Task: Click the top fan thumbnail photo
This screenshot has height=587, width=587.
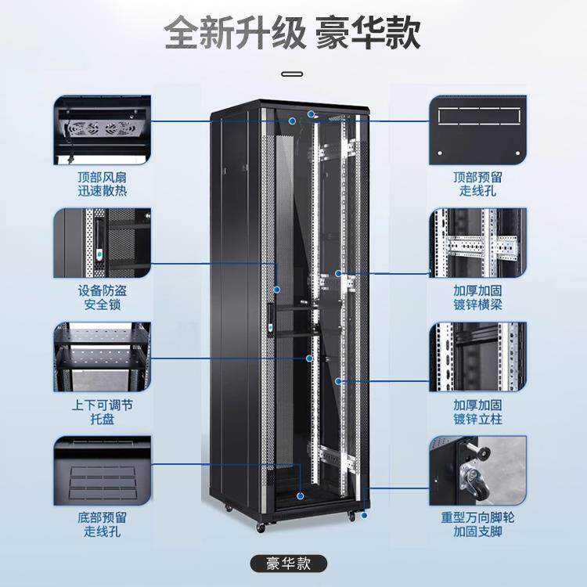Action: (103, 130)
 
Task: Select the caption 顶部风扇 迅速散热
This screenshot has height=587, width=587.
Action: (103, 183)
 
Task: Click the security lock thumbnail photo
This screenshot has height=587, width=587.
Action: (103, 243)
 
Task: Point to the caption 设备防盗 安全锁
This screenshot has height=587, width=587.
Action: (103, 297)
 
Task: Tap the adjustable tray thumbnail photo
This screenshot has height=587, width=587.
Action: (103, 356)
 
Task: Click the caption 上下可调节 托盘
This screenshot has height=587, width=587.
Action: (103, 412)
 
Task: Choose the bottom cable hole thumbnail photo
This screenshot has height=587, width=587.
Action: (103, 471)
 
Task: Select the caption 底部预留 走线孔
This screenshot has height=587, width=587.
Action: (103, 524)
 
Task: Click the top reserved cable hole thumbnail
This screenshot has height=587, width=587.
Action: (477, 130)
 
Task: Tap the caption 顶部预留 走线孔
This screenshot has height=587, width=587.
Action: (477, 183)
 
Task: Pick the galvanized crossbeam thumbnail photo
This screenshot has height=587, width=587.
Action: (477, 243)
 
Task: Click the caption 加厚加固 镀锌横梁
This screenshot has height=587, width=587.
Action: (477, 297)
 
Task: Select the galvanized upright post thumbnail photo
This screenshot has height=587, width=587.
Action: (477, 356)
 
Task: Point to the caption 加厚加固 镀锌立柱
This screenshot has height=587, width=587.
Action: (477, 412)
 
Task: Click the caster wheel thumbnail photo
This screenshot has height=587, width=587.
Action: (477, 471)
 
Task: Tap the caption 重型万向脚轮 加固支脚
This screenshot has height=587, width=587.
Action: (477, 524)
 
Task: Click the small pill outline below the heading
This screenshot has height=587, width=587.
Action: (293, 75)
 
